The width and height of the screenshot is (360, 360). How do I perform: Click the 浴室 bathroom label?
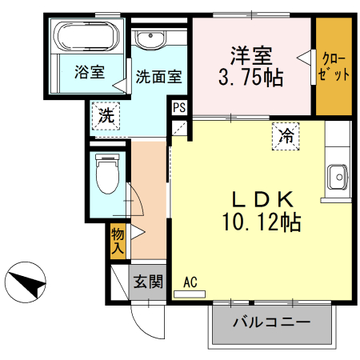[89, 72]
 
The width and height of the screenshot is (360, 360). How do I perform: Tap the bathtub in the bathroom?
[89, 38]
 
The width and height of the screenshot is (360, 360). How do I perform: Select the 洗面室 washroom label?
[158, 77]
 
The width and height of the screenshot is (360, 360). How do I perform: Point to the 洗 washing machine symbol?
[105, 114]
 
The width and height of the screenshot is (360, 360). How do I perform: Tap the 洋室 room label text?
[252, 56]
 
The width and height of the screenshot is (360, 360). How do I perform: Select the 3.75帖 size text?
[251, 78]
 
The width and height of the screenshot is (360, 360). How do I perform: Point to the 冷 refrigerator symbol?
[285, 136]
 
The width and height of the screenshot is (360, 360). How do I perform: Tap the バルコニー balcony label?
[271, 324]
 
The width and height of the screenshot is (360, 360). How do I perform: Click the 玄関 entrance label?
[147, 282]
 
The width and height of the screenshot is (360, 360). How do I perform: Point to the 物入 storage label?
[118, 241]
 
